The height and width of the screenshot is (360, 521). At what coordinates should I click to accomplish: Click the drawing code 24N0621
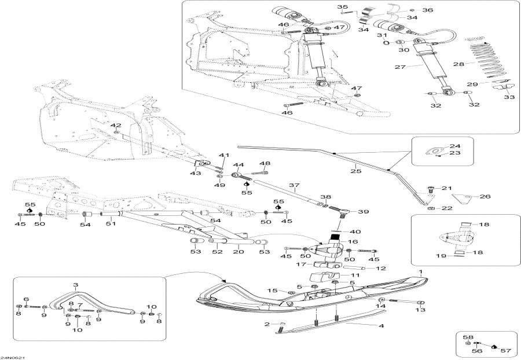point(12,357)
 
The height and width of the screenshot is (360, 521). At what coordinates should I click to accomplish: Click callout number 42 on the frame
point(116,125)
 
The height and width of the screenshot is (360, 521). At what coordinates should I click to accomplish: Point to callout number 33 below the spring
point(509,97)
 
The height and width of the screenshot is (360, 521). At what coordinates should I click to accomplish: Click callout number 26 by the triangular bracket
point(485,197)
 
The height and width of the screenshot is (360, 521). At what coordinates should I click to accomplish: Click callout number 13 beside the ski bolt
point(420,310)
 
